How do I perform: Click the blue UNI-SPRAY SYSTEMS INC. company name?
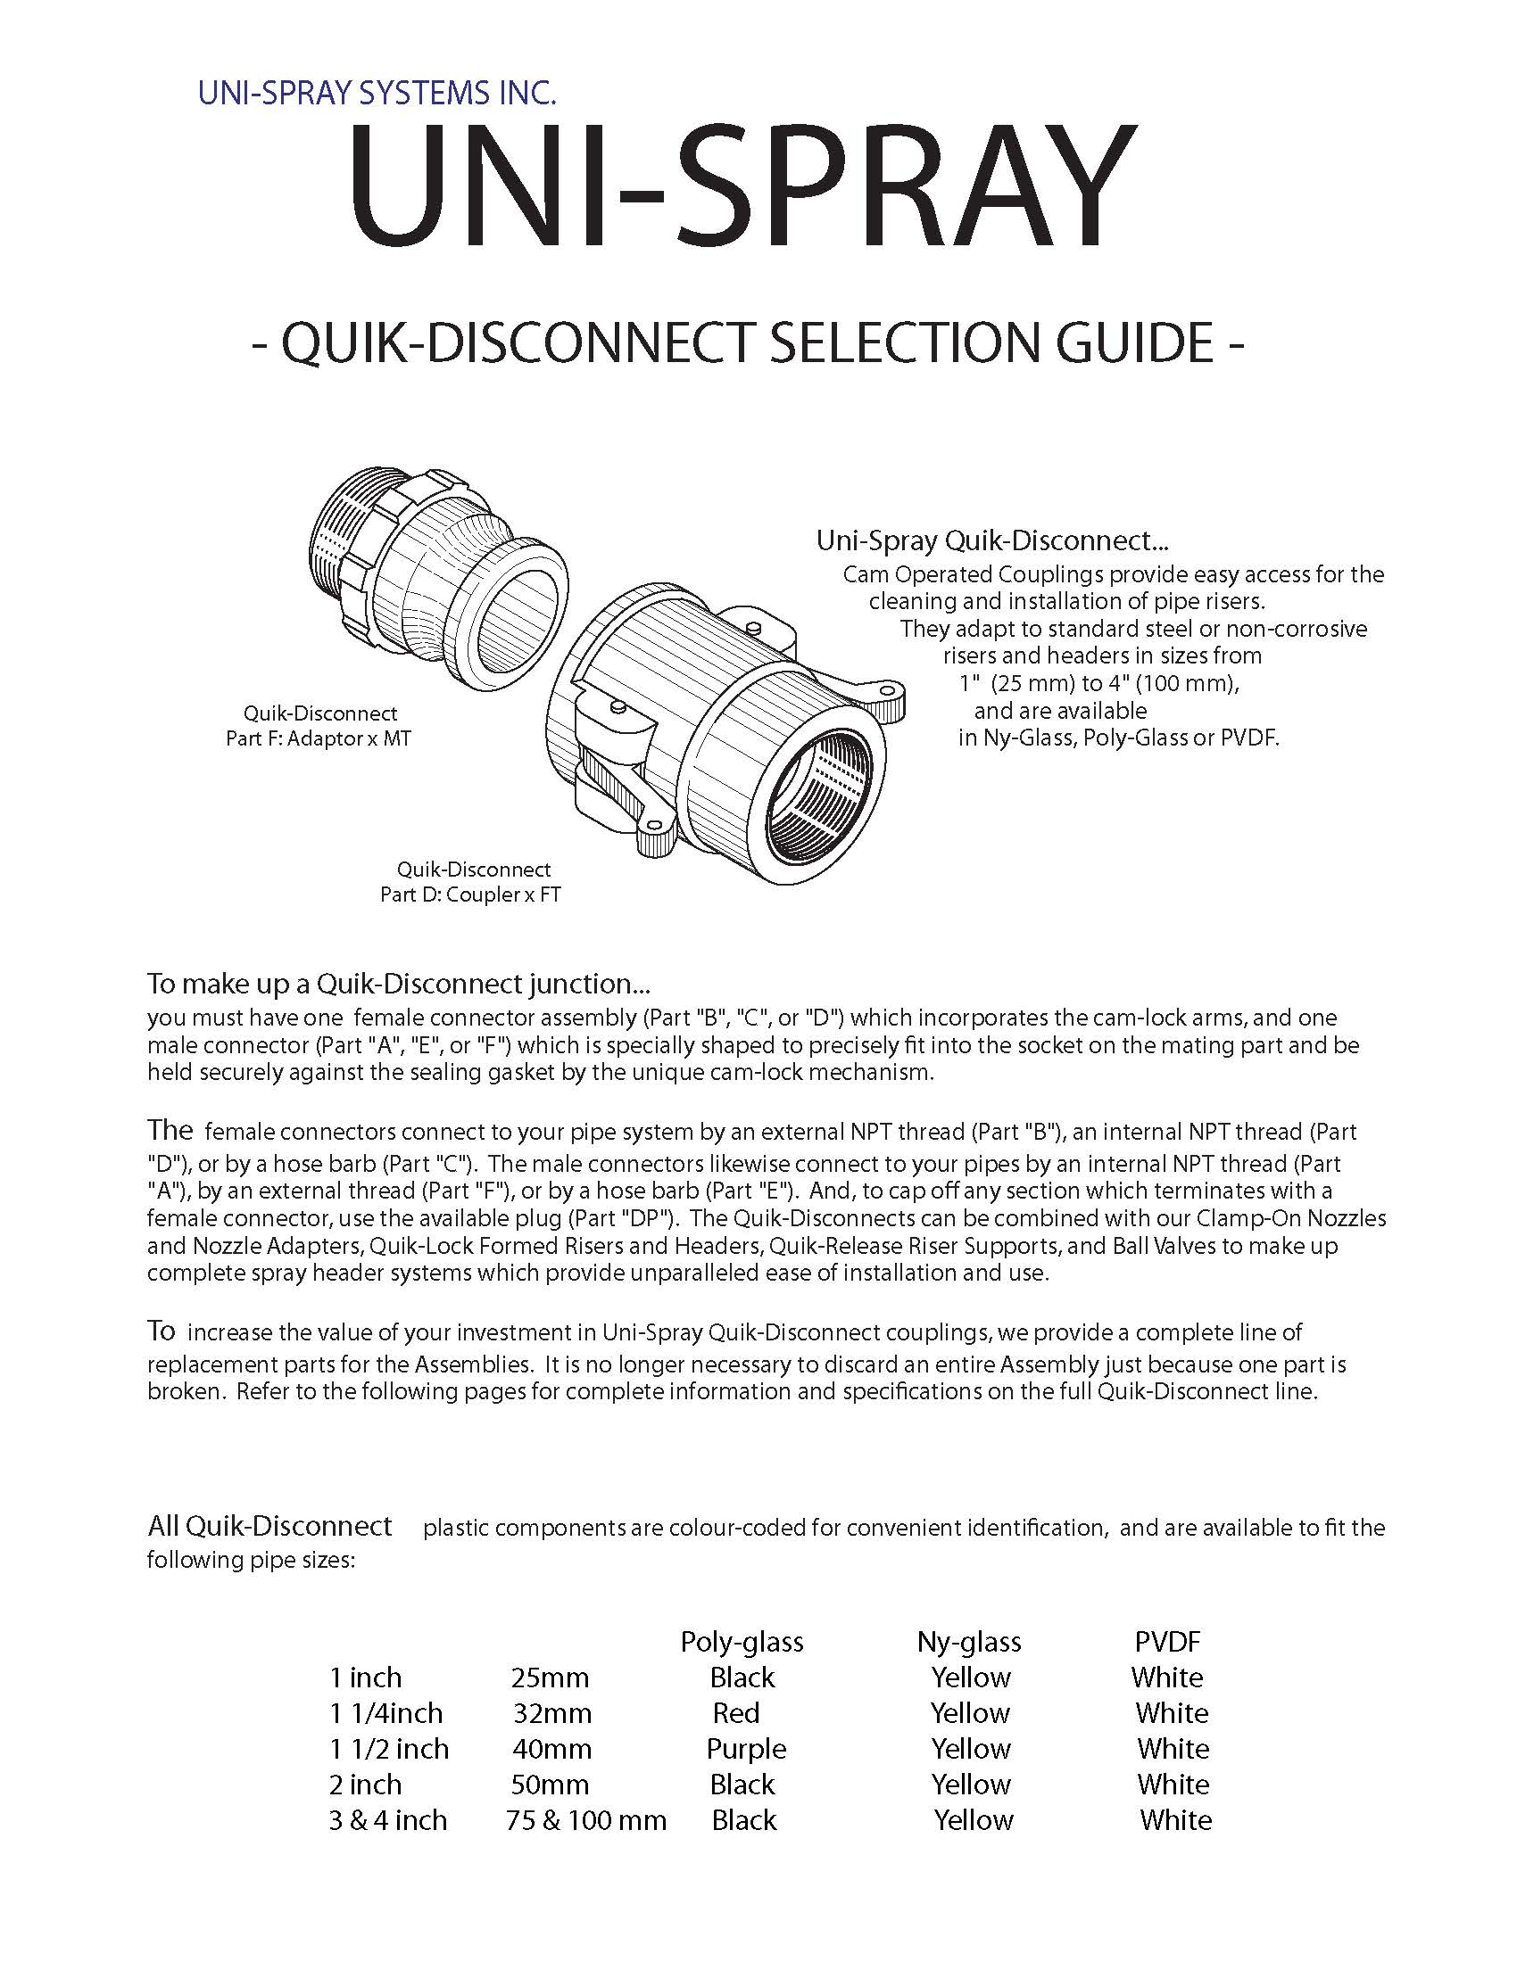[377, 94]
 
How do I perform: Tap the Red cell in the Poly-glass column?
[736, 1713]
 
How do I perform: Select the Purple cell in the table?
[746, 1749]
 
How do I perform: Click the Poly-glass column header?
[742, 1642]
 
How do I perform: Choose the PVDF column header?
[1167, 1642]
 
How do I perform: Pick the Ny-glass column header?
[969, 1642]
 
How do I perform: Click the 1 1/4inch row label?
[385, 1713]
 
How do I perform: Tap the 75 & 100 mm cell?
[586, 1821]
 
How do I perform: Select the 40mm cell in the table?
[551, 1749]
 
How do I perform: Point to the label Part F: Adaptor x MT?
[319, 739]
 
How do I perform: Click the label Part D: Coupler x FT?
[470, 894]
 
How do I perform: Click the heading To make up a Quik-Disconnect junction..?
[398, 984]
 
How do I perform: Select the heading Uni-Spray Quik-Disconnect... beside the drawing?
[991, 540]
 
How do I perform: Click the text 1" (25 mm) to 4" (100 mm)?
[1099, 683]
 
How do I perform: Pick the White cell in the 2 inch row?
[1173, 1785]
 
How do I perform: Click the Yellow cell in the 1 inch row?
[971, 1678]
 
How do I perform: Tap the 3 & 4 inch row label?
[387, 1821]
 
